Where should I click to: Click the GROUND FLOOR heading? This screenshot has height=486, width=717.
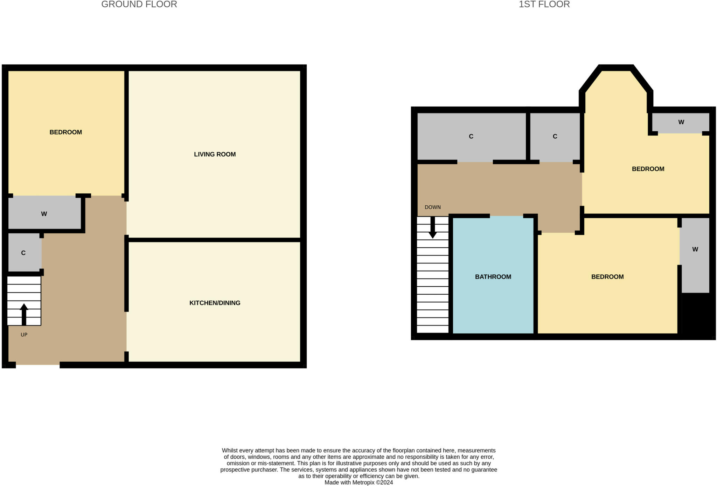coord(139,4)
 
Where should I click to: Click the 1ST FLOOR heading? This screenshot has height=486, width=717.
coord(544,4)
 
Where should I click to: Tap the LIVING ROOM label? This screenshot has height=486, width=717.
coord(215,154)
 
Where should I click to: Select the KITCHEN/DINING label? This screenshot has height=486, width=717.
coord(215,303)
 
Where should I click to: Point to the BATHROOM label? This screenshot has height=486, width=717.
coord(493,277)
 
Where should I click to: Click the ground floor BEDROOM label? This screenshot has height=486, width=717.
coord(65,132)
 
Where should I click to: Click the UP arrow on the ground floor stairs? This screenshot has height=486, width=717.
coord(24,314)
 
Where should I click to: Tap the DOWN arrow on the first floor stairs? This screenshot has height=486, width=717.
coord(433,228)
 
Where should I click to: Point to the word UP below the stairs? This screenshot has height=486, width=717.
coord(24,335)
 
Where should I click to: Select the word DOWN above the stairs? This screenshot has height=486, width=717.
coord(433,207)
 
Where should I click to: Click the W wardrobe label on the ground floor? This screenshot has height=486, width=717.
coord(44,214)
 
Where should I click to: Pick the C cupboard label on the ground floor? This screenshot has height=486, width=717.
coord(23,253)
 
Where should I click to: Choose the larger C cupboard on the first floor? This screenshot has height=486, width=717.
coord(471,136)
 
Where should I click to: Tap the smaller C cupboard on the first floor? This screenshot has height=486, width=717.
coord(555,136)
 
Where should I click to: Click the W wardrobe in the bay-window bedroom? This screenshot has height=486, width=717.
coord(681,122)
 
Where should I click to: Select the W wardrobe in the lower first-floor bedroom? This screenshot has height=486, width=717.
coord(695,249)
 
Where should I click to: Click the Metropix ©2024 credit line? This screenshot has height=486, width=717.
coord(358,482)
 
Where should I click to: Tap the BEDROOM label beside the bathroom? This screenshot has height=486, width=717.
coord(607,277)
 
